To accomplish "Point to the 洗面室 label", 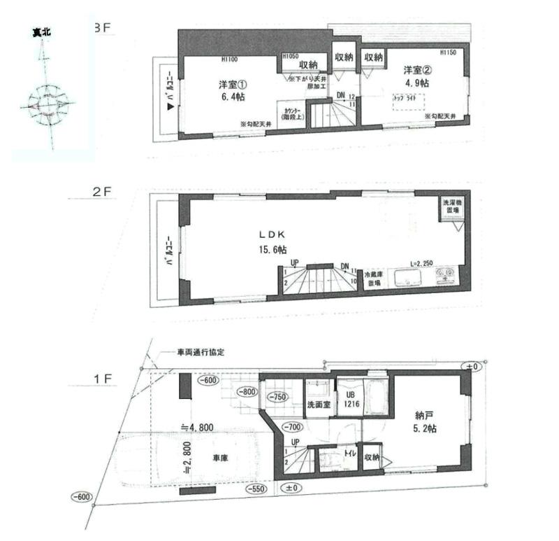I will (318, 405).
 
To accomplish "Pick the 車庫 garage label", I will (222, 459).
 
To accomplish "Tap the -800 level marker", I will (247, 392).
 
